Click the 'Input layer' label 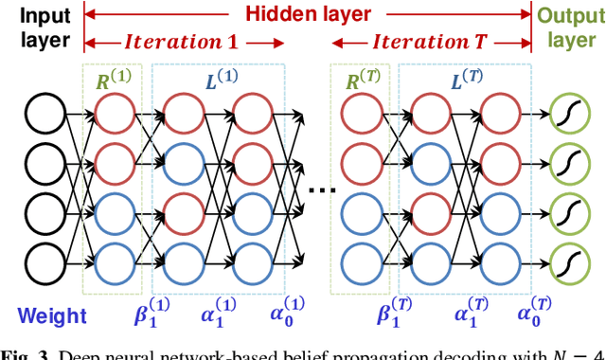tap(35, 27)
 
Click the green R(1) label tap(113, 81)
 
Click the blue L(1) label tap(216, 81)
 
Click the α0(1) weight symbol tap(288, 315)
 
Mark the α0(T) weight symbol tap(536, 315)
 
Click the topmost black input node tap(45, 116)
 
